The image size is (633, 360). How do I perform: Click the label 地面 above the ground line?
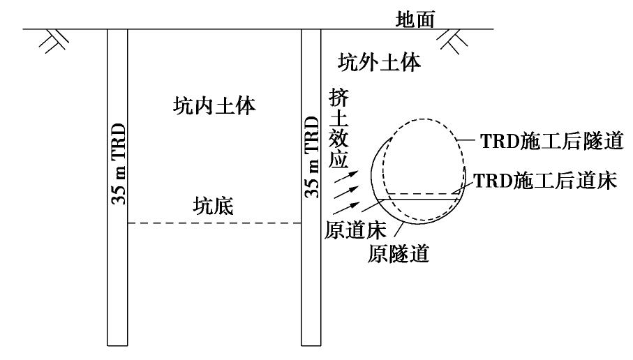click(415, 20)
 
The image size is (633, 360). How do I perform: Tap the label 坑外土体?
click(379, 62)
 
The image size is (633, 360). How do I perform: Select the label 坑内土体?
click(214, 106)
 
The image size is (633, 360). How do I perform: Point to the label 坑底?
click(213, 206)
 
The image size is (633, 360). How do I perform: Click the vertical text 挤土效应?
click(338, 128)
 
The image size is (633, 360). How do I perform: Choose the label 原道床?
click(355, 230)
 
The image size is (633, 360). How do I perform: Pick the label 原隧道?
click(398, 253)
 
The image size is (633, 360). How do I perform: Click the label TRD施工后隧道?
click(552, 141)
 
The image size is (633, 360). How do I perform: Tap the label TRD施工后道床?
click(545, 181)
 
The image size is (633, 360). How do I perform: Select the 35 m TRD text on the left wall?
click(118, 164)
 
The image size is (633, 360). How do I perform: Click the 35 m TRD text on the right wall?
click(312, 157)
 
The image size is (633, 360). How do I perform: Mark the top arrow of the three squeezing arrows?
click(346, 177)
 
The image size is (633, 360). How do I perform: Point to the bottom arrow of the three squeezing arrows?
click(346, 208)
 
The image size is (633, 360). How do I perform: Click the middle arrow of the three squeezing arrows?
click(346, 192)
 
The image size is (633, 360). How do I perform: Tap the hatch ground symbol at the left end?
click(54, 40)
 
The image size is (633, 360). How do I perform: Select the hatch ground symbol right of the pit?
click(452, 41)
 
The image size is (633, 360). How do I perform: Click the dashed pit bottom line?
click(214, 223)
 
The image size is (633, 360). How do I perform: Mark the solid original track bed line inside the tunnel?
click(419, 199)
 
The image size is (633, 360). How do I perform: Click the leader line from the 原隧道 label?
click(399, 230)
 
